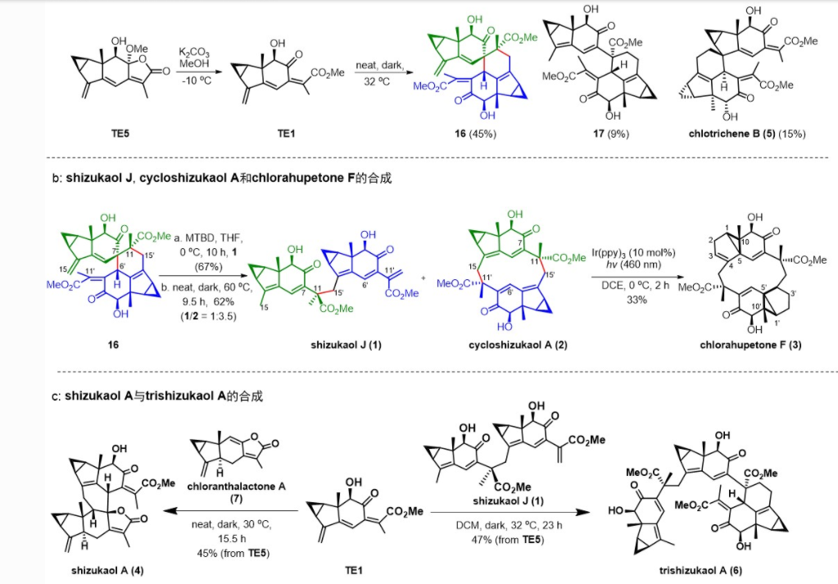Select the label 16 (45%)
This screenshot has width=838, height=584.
[475, 133]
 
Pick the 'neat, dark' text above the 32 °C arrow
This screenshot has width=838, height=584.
[380, 63]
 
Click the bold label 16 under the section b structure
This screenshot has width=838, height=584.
[113, 345]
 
